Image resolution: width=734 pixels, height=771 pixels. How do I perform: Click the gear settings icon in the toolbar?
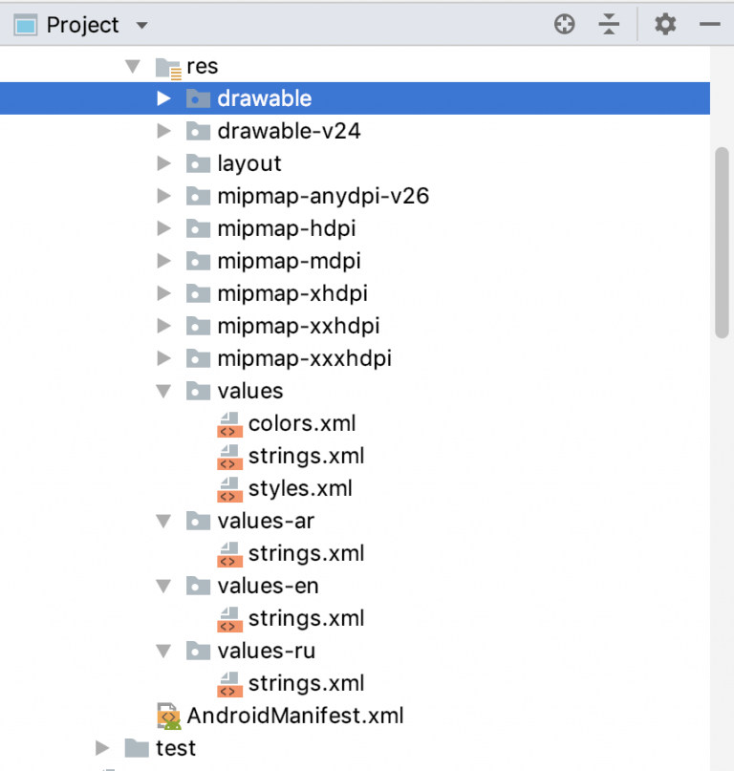(665, 25)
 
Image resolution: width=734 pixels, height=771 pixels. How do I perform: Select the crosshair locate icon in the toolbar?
(565, 25)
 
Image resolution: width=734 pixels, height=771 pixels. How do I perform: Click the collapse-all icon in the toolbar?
(610, 25)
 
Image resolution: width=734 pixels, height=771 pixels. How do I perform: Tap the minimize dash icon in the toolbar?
(709, 25)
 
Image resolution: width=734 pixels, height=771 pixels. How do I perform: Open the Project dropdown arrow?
(142, 26)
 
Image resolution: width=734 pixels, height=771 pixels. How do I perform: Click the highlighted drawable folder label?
(264, 98)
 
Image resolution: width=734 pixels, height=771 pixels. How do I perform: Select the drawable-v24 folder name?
(289, 131)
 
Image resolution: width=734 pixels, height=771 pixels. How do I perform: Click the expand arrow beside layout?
(164, 163)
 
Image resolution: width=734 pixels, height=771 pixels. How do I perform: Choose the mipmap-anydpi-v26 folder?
(323, 196)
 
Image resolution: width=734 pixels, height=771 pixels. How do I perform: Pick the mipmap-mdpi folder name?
(289, 261)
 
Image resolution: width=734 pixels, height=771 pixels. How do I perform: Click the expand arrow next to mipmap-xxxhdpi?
(164, 358)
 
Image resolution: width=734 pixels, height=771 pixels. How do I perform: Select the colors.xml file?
(302, 423)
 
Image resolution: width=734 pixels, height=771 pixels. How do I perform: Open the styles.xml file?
(300, 488)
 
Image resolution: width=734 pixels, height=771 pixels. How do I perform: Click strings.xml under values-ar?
(306, 553)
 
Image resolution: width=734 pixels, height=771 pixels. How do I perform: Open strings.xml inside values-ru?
(306, 683)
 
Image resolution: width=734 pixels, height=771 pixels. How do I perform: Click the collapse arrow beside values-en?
(164, 586)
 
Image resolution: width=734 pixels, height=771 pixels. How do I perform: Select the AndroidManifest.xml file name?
(295, 716)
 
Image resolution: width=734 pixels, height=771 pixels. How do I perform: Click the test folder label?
(176, 748)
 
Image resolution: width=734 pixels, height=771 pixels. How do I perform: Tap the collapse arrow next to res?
(132, 67)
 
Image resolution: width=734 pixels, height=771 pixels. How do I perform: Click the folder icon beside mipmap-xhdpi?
(197, 293)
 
